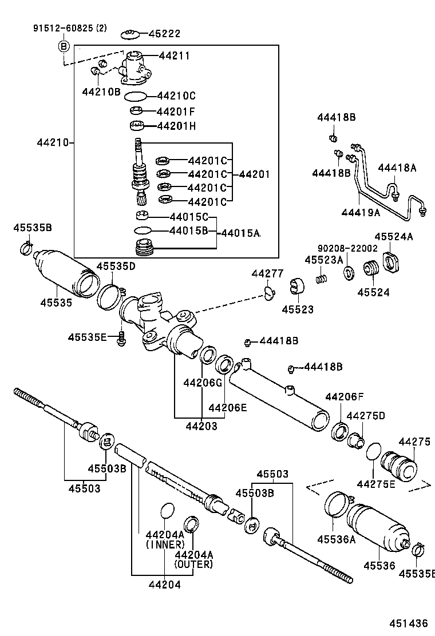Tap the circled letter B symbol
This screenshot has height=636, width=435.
(64, 46)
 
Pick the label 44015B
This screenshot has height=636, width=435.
(189, 230)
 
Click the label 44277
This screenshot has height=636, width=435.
(267, 274)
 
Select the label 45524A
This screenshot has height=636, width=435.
(394, 236)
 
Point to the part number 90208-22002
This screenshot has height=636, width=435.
(347, 248)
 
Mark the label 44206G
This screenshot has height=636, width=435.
(202, 382)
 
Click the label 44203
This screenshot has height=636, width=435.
(201, 426)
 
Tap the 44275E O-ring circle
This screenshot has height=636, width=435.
(374, 451)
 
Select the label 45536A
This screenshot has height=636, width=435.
(337, 538)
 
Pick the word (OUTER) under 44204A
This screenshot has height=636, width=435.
(194, 565)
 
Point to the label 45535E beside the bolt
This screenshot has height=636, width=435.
(87, 337)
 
